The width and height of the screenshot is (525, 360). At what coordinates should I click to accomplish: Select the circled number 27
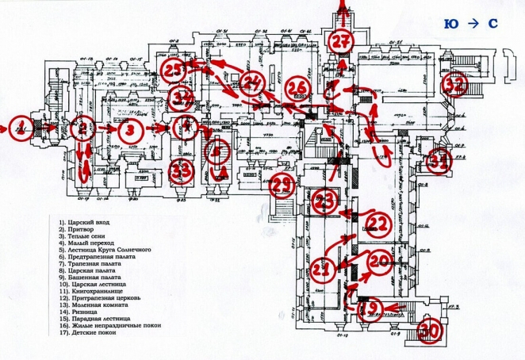[x=343, y=43]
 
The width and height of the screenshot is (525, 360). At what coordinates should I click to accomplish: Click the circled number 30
[x=429, y=332]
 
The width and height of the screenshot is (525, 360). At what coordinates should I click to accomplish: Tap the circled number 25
[x=174, y=70]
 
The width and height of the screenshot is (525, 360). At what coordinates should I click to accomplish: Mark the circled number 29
[x=283, y=186]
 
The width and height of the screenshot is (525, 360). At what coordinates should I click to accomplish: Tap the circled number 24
[x=253, y=82]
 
